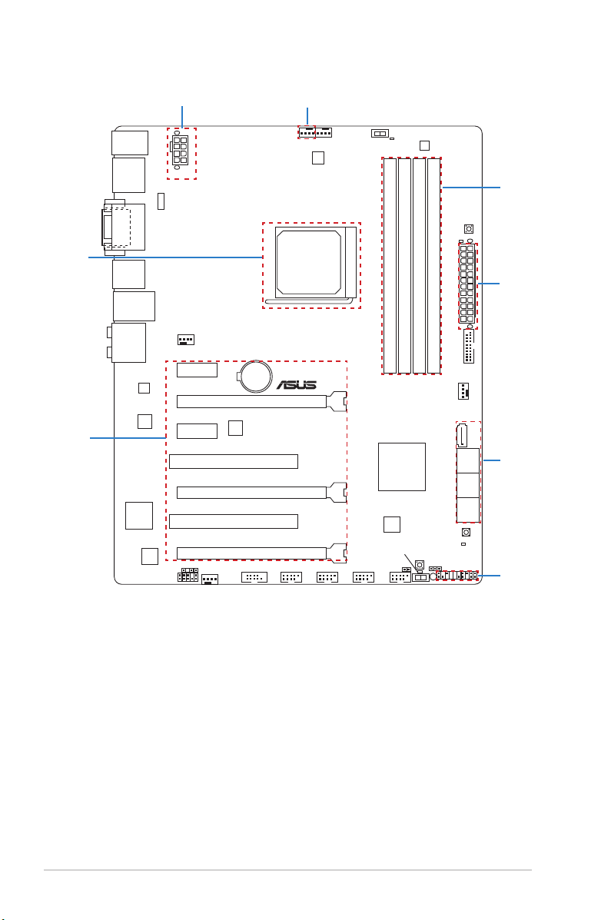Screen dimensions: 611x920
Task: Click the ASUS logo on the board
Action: coord(297,385)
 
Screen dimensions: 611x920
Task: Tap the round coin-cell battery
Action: coord(256,376)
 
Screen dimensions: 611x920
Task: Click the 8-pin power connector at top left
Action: coord(180,151)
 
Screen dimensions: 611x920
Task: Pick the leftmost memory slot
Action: coord(390,266)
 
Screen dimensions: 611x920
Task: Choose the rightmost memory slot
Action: coord(433,266)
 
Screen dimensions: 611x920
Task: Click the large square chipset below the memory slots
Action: coord(401,467)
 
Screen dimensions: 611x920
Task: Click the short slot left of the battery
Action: coord(197,370)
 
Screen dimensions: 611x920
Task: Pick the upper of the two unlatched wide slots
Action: coord(234,461)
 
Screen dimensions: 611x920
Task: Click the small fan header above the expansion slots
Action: coord(185,340)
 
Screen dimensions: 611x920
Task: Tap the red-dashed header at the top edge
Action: coord(307,132)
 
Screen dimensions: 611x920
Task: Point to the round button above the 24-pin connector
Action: coord(468,229)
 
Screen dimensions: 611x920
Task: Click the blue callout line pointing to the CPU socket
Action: coord(175,257)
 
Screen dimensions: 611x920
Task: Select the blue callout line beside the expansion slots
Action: coord(128,437)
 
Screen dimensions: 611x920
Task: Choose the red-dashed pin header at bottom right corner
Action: coord(457,576)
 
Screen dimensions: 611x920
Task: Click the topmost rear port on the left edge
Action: coord(130,143)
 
